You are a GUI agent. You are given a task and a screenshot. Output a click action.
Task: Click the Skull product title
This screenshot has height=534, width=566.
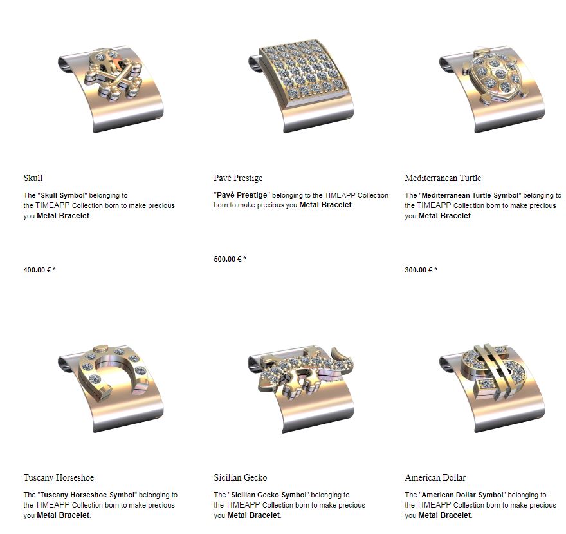tap(33, 178)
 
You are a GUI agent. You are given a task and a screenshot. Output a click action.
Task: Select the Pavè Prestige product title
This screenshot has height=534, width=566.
tap(238, 178)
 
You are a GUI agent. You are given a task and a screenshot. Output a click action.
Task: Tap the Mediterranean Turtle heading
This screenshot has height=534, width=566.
tap(443, 178)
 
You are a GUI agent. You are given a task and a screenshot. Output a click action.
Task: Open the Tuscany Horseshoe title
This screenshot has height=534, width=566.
tap(59, 477)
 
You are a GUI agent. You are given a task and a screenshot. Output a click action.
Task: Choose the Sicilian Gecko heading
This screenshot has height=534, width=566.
tap(241, 477)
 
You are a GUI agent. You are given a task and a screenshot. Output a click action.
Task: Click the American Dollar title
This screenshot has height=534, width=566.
tap(435, 477)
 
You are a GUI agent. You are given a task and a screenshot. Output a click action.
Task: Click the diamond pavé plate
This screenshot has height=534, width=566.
tap(305, 70)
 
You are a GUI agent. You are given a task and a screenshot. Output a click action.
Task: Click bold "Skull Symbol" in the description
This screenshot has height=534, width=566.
tap(63, 196)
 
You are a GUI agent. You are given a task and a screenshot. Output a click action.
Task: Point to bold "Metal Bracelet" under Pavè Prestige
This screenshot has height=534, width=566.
tap(325, 205)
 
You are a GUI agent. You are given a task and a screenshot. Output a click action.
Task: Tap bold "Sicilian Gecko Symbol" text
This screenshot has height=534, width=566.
tap(269, 495)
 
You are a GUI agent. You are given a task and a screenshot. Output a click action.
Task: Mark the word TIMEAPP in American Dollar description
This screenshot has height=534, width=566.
tap(434, 505)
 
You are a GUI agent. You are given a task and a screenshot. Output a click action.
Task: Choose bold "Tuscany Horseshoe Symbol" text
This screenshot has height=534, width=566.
tap(87, 495)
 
